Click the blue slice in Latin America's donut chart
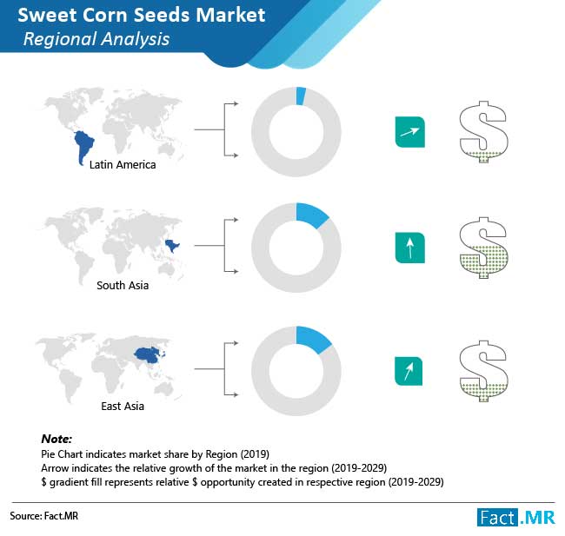301,96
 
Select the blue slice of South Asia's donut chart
310,215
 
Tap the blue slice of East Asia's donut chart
312,339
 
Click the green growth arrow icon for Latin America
410,132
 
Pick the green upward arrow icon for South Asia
410,248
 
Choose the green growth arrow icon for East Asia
409,371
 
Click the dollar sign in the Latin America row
483,132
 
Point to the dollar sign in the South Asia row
483,248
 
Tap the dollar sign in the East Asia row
483,371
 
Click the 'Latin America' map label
123,164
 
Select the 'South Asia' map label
123,285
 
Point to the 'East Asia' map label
123,406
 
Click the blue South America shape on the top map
83,144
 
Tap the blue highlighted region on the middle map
171,246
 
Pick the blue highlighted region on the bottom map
149,354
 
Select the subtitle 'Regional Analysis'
96,39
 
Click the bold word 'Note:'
56,439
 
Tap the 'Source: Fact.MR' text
44,516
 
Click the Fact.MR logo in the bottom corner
516,518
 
